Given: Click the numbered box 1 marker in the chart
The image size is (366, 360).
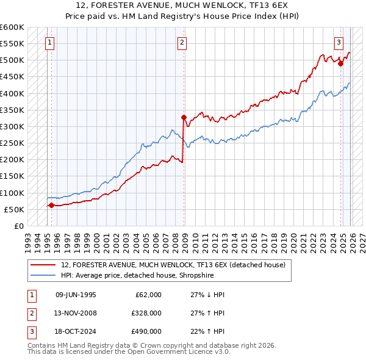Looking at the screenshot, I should click(49, 42).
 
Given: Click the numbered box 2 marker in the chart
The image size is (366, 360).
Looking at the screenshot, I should click(182, 42).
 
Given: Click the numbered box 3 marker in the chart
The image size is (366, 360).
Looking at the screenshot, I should click(339, 42).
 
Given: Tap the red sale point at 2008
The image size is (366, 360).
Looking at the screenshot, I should click(183, 117).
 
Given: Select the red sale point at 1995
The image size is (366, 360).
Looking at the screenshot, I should click(51, 205).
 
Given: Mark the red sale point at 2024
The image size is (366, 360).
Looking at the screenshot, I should click(341, 63).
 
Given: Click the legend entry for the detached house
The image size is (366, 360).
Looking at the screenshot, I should click(168, 264).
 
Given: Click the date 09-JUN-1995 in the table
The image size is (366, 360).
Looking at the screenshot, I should click(75, 295).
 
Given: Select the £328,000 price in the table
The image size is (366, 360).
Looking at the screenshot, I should click(146, 313).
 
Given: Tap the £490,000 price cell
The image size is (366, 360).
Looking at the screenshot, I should click(146, 331).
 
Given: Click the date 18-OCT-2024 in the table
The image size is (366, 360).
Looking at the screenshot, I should click(75, 331).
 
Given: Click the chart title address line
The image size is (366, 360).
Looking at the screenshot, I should click(182, 5).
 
